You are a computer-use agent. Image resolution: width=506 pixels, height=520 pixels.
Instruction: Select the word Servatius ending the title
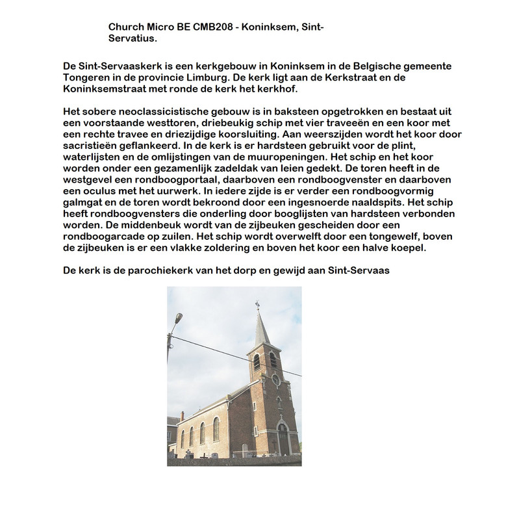pyautogui.click(x=132, y=38)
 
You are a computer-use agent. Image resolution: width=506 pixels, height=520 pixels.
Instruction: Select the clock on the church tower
pyautogui.click(x=275, y=378)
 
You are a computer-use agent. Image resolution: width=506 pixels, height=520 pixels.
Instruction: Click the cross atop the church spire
pyautogui.click(x=258, y=305)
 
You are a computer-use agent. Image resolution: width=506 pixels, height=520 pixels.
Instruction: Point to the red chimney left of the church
pyautogui.click(x=183, y=417)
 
